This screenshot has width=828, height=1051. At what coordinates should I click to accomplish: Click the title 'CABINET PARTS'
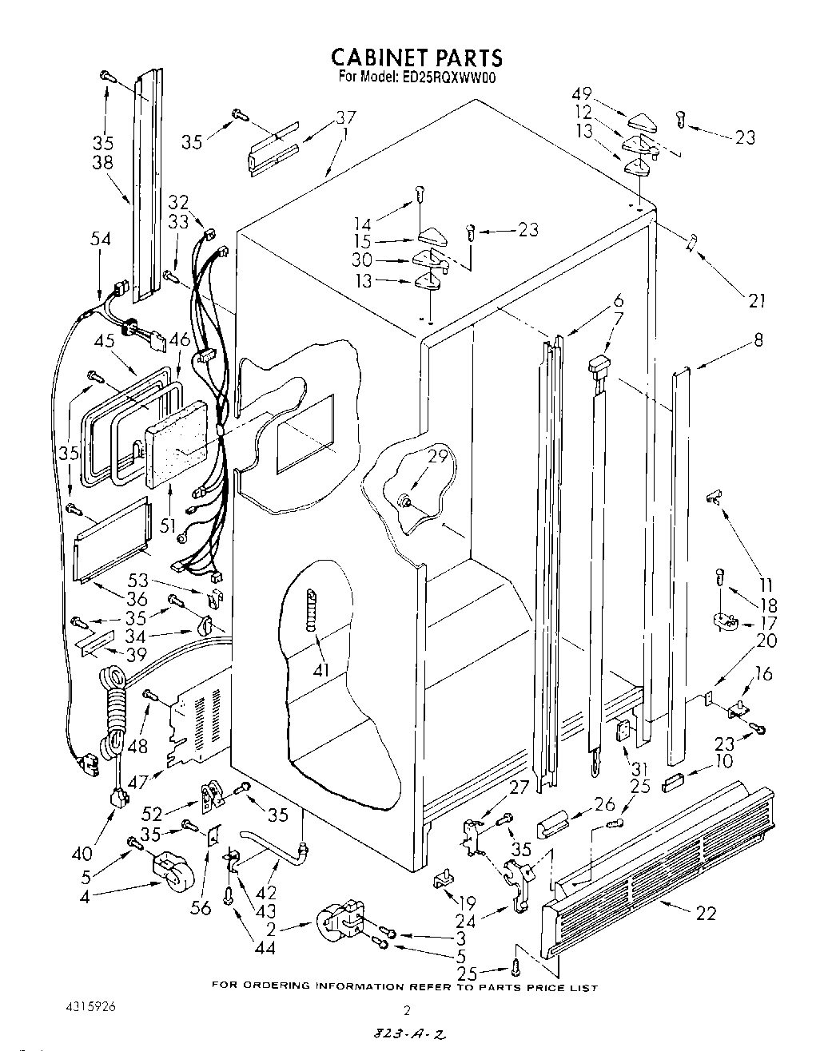click(416, 58)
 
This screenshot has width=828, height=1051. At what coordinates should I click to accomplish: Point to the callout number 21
click(757, 300)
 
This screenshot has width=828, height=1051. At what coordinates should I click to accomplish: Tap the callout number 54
click(101, 239)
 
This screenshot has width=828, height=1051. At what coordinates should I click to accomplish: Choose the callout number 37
click(345, 118)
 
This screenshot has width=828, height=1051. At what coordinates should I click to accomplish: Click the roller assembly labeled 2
click(337, 926)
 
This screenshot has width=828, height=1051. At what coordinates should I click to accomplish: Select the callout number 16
click(763, 674)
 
